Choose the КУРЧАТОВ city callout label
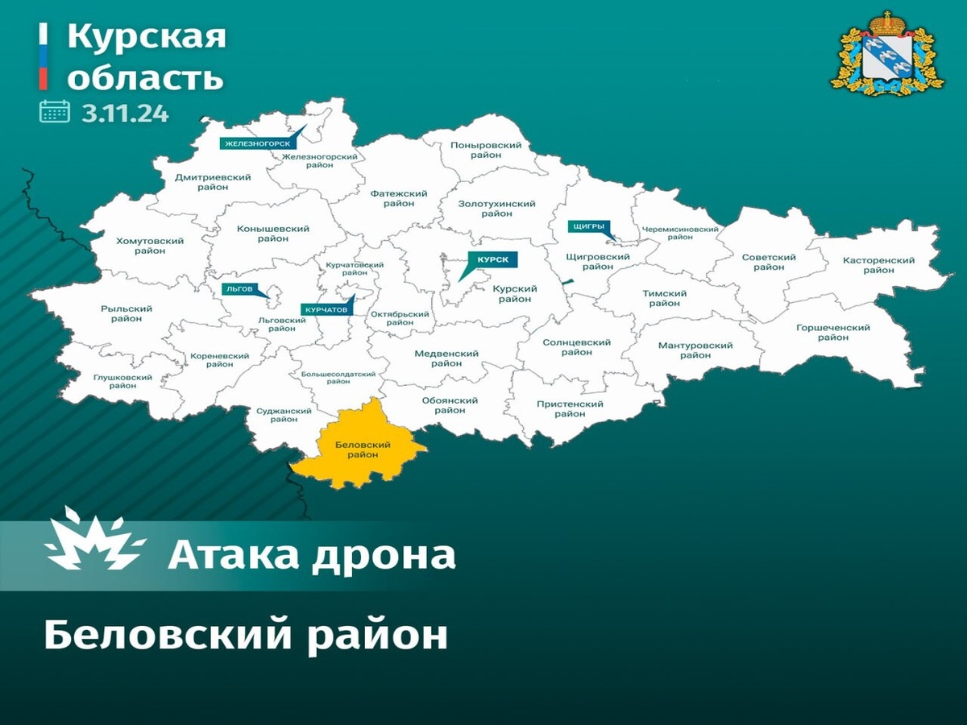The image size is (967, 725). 326,309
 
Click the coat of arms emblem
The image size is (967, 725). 887,53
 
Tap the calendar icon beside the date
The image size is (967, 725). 55,111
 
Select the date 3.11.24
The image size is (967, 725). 125,112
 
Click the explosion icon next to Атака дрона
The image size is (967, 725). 94,541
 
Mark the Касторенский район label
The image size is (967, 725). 878,265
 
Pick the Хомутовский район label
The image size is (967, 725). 150,246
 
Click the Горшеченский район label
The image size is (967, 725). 832,333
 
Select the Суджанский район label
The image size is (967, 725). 284,416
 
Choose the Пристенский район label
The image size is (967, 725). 570,408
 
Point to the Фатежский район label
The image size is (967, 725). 399,198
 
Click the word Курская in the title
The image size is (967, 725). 146,37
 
